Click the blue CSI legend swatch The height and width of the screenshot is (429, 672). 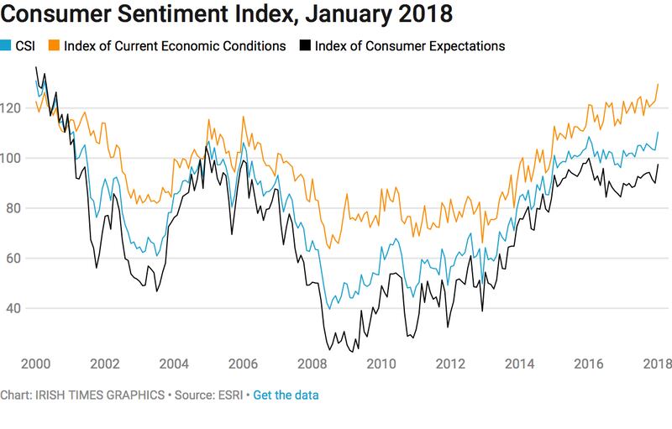click(6, 46)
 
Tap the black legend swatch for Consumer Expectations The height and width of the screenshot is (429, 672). click(302, 46)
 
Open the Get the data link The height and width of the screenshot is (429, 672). click(286, 395)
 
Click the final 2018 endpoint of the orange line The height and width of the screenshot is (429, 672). click(658, 84)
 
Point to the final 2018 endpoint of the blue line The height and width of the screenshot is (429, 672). click(658, 133)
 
